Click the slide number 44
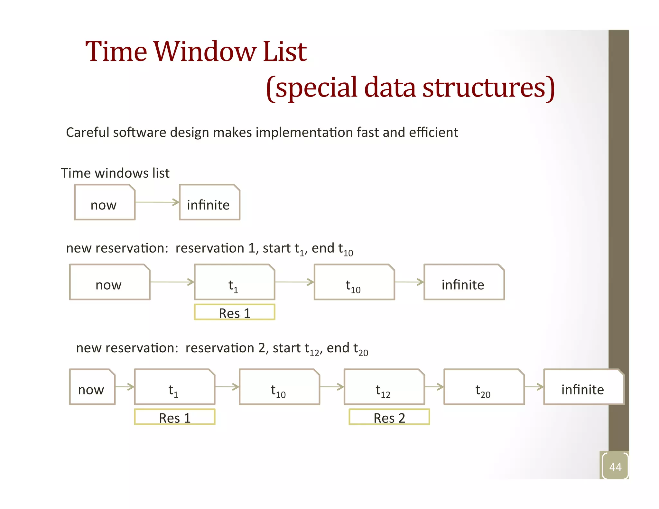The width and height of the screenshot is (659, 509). click(x=615, y=467)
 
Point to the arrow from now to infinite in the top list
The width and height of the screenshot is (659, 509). click(x=157, y=202)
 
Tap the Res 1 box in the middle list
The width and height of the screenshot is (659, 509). click(x=235, y=312)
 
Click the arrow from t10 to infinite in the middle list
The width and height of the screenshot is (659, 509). click(x=409, y=282)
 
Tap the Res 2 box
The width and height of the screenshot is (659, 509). click(x=389, y=417)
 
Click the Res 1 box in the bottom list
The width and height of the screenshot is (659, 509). click(x=175, y=417)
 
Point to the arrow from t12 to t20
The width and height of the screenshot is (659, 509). click(x=434, y=387)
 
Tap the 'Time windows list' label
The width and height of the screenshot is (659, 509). click(x=115, y=173)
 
